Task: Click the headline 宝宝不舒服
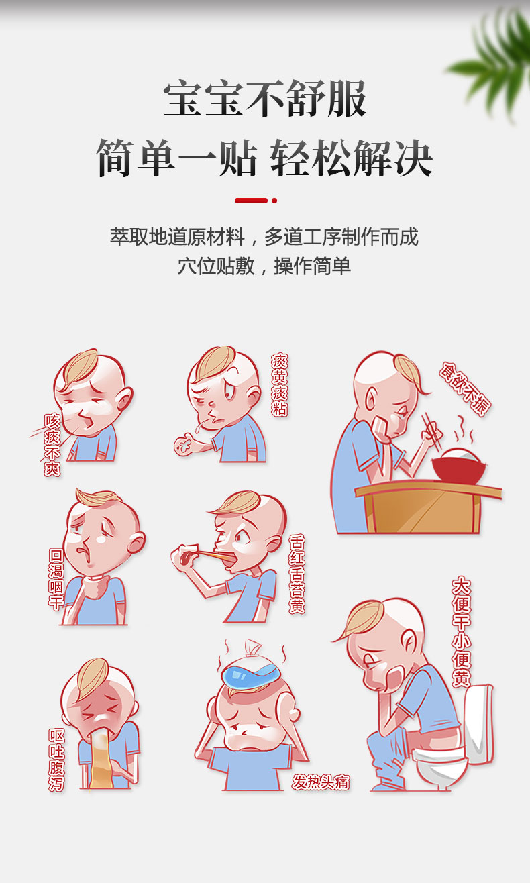click(265, 99)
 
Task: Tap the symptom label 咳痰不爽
click(52, 445)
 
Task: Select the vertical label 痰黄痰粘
click(279, 384)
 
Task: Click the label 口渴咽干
click(56, 578)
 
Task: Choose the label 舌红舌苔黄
click(297, 574)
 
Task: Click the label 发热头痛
click(321, 782)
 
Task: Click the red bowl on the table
click(458, 468)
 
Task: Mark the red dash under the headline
click(251, 201)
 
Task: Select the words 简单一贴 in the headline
click(176, 158)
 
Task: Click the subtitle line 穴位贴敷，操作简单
click(264, 266)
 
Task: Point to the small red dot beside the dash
click(274, 201)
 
